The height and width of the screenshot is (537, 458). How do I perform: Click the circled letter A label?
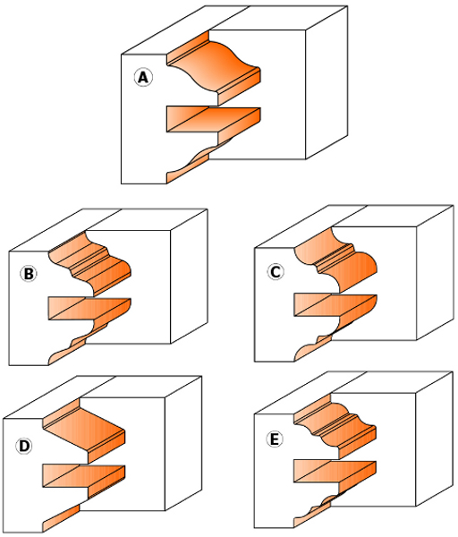143,78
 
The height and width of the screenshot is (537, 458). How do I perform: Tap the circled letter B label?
29,274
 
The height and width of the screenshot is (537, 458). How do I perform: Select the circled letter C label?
276,272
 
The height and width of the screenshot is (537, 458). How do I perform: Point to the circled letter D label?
23,446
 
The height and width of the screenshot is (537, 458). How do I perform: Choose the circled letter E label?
275,439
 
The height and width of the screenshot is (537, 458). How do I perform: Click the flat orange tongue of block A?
214,120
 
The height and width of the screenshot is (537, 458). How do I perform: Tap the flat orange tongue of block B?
89,309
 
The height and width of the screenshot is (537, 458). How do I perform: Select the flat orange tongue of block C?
335,305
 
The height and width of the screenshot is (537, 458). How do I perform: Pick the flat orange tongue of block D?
84,476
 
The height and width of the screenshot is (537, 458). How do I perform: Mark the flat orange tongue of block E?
335,472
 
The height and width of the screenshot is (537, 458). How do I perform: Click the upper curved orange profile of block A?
214,67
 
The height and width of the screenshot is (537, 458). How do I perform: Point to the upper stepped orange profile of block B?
90,263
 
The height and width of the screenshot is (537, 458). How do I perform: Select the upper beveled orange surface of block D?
84,430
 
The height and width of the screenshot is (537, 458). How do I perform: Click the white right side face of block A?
327,82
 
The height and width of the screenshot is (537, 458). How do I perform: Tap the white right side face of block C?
435,273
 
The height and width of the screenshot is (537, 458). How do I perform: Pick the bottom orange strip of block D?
61,518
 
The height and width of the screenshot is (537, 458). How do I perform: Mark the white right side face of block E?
434,439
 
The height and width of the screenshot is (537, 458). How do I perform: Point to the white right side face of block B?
189,277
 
